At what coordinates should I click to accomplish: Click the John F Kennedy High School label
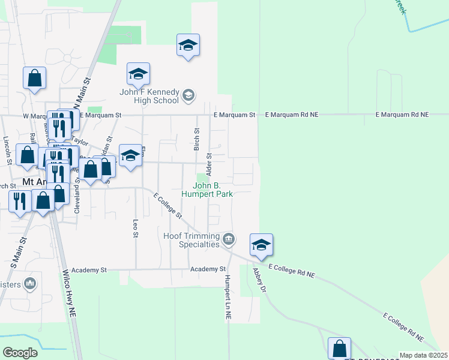(149, 96)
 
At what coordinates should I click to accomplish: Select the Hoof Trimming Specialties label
(191, 240)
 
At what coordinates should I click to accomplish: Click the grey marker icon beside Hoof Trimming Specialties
(228, 240)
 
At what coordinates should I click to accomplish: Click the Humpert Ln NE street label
(228, 296)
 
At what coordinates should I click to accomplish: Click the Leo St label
(136, 227)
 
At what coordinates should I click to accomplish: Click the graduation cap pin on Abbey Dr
(261, 245)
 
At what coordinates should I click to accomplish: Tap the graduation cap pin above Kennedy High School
(188, 45)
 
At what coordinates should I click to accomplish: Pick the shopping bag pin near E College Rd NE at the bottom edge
(339, 348)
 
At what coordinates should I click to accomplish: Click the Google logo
(20, 353)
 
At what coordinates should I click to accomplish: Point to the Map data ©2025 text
(423, 355)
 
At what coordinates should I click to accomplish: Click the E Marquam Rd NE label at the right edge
(402, 114)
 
